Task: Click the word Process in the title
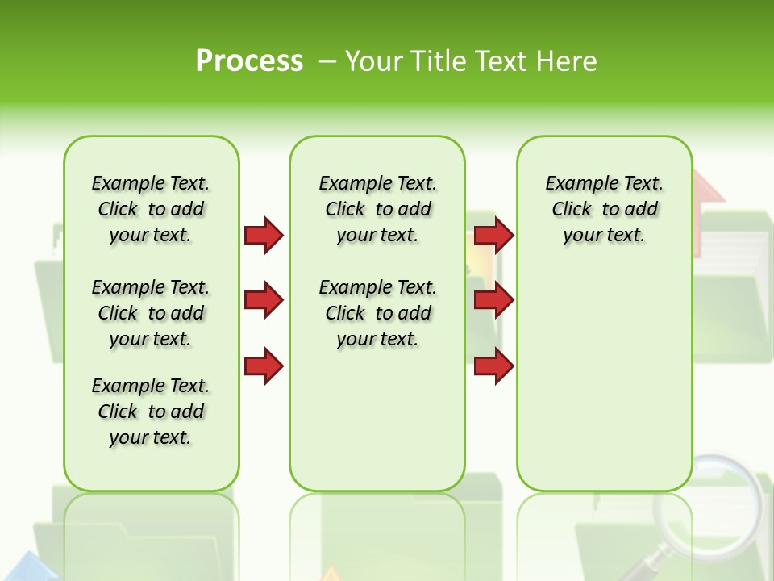249,61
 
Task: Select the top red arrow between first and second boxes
264,235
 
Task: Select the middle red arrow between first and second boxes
264,301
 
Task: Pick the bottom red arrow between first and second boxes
264,366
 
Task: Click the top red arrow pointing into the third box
494,235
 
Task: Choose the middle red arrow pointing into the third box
494,301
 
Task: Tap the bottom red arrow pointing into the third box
494,366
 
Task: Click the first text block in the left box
151,209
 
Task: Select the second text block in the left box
151,313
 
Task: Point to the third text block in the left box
151,412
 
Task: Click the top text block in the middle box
377,209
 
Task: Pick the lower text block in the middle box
377,313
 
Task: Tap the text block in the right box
604,209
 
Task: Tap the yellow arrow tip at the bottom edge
329,575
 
